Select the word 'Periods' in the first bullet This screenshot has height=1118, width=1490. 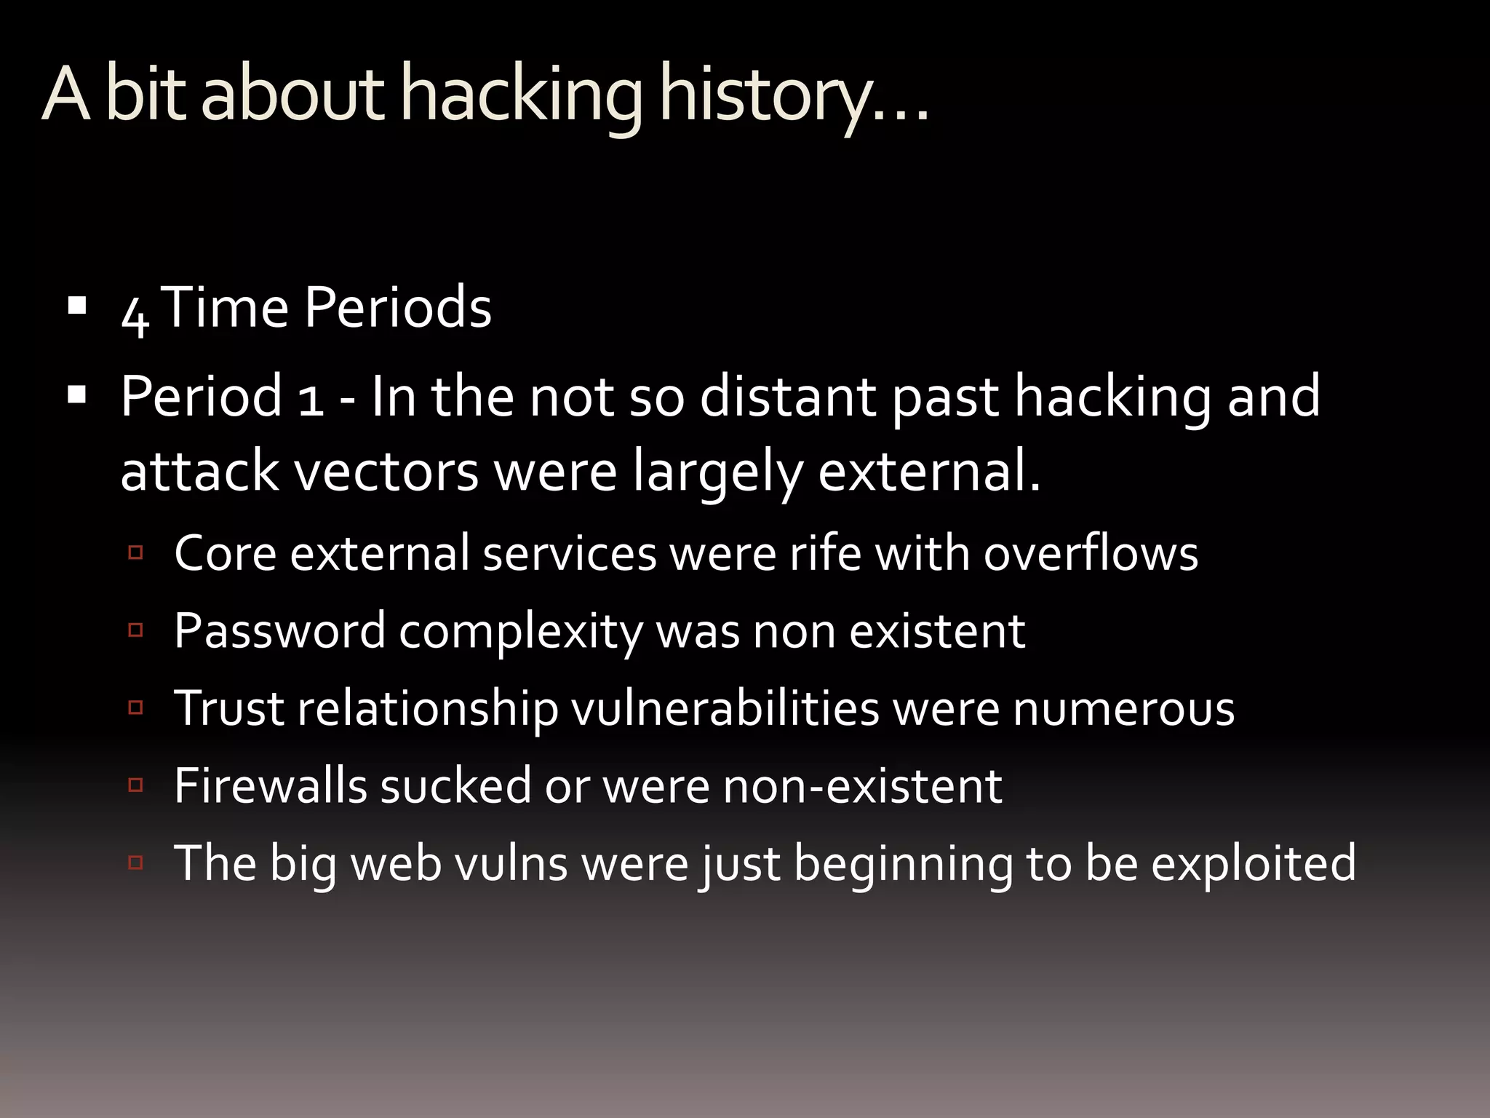pos(397,308)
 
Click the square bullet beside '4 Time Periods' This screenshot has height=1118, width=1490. pos(76,304)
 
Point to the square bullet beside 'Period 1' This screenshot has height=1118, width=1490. pos(76,395)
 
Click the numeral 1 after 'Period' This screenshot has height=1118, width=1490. pos(311,400)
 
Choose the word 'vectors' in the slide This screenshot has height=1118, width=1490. pos(386,472)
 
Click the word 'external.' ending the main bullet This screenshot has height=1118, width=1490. pos(929,472)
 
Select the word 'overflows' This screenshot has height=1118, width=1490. pos(1091,553)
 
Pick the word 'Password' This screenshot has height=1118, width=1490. pos(279,630)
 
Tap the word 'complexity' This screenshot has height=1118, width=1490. pos(520,632)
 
